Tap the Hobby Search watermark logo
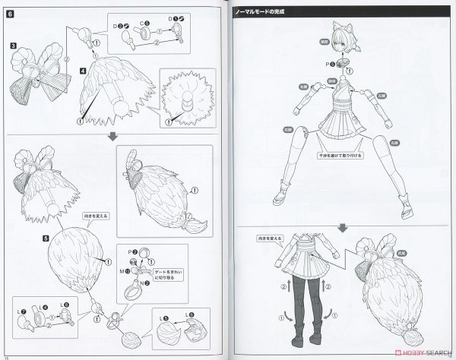[415, 352]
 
